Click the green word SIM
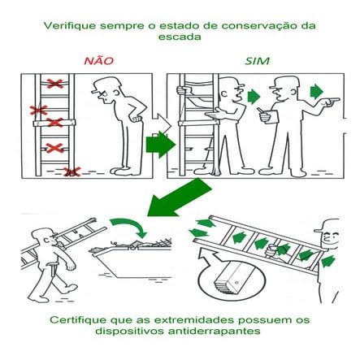(x=258, y=62)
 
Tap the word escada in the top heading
(x=180, y=37)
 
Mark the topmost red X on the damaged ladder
(x=54, y=84)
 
